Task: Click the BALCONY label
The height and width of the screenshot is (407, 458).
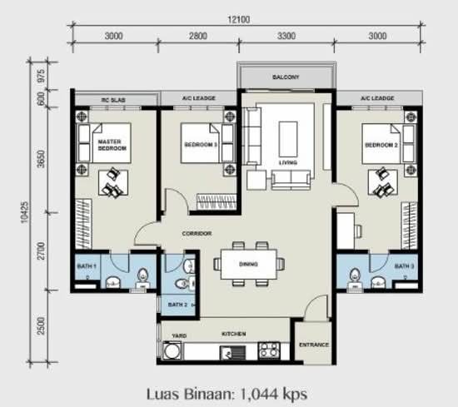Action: (x=286, y=77)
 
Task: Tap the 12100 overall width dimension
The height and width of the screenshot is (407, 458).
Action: (x=239, y=20)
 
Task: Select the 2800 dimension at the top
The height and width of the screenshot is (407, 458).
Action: (x=198, y=36)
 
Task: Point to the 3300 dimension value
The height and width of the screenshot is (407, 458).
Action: (x=286, y=36)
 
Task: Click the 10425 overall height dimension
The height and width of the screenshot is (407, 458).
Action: (x=25, y=212)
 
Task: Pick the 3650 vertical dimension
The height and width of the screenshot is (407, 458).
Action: (x=42, y=159)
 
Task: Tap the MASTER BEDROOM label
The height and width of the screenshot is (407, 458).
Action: (x=112, y=145)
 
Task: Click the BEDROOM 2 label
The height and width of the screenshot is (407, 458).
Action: (x=381, y=145)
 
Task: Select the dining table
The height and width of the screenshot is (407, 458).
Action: (x=249, y=264)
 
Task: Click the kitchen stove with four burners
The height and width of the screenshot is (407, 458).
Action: (x=269, y=350)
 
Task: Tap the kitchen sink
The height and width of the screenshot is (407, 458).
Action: (x=233, y=352)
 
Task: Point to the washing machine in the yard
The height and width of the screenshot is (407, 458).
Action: (x=172, y=350)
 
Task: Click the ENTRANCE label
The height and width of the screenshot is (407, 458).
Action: (x=314, y=345)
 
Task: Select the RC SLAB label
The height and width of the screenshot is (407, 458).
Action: (x=113, y=100)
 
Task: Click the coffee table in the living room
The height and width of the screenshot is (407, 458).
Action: (x=288, y=140)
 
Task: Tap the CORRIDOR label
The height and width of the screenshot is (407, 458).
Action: (x=197, y=234)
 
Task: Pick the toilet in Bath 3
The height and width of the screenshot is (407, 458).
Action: (x=354, y=279)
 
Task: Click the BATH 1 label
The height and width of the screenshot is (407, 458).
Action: (x=87, y=266)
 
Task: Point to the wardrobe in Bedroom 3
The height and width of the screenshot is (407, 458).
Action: (x=217, y=201)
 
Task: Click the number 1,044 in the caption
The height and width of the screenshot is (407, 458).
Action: (x=259, y=395)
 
